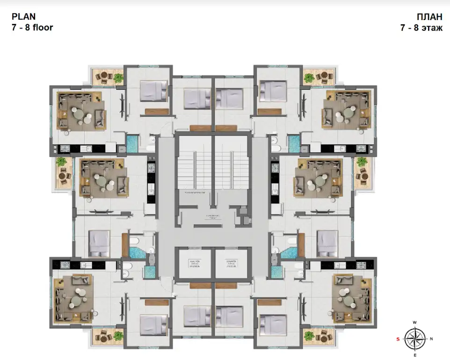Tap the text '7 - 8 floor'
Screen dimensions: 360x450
tap(32, 28)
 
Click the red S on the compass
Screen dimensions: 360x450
tap(398, 338)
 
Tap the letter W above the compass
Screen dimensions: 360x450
tap(414, 323)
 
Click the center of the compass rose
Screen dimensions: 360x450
tap(414, 338)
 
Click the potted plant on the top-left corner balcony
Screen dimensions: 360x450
tap(118, 78)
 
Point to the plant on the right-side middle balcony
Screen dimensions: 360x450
tap(361, 162)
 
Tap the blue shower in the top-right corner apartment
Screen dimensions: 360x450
tap(293, 142)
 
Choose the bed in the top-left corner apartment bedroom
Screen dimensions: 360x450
tap(153, 90)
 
